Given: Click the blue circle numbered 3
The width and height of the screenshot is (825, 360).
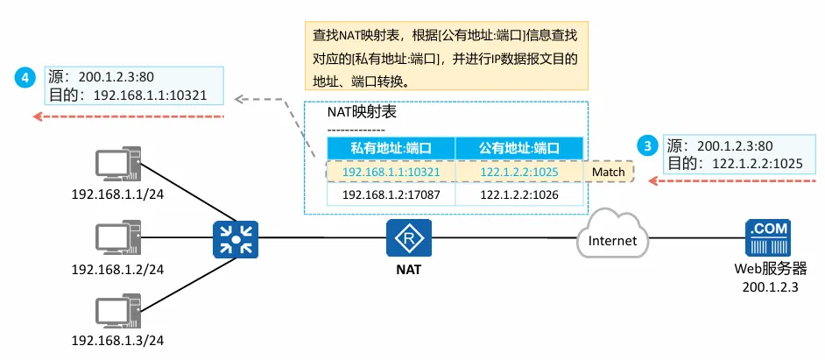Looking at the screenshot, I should click(x=647, y=146).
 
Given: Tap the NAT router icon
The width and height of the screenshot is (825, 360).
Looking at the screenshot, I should click(x=407, y=237).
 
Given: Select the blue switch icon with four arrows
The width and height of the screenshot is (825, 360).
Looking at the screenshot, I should click(x=236, y=238).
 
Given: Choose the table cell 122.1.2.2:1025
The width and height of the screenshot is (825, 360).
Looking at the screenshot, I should click(x=519, y=172).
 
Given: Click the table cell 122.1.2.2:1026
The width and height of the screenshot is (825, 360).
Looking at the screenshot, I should click(x=519, y=194).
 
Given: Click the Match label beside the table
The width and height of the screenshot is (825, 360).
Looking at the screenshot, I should click(x=608, y=172).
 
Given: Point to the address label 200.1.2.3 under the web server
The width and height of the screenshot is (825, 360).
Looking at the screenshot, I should click(x=770, y=286).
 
